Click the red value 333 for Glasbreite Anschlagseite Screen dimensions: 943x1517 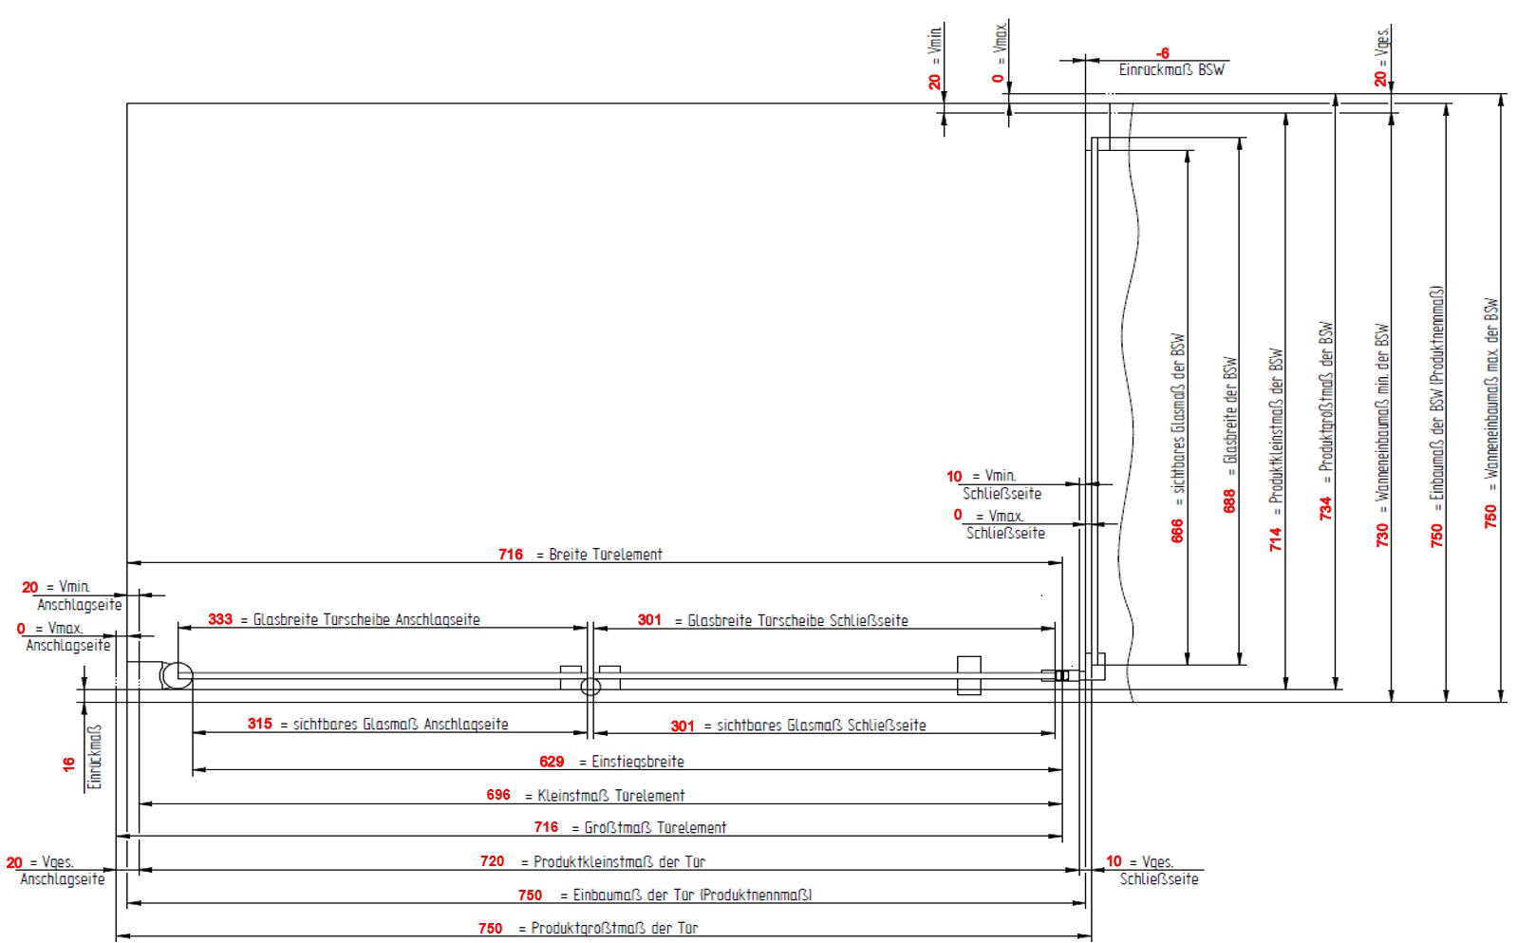(220, 619)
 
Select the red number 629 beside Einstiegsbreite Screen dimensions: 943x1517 (552, 762)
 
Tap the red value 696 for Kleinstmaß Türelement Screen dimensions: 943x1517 (498, 795)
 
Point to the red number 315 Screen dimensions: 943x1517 (260, 724)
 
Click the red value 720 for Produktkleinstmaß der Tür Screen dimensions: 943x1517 (492, 861)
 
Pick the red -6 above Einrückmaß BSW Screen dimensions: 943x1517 (1163, 54)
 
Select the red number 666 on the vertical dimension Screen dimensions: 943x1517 (1178, 530)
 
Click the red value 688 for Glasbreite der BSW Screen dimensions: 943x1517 (1230, 500)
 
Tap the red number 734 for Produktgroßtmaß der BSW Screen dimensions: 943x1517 (1326, 508)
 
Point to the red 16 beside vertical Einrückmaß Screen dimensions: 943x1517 (68, 764)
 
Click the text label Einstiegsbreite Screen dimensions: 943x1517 (637, 762)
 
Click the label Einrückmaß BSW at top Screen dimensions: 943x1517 (1171, 70)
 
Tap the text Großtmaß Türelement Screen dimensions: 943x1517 (655, 828)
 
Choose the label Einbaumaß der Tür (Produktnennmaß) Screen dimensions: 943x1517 (692, 896)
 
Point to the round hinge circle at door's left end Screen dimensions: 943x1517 (177, 676)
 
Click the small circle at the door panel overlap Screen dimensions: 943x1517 (590, 687)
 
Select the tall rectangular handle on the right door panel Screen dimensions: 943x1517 (968, 675)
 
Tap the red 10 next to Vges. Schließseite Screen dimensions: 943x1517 (1114, 861)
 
